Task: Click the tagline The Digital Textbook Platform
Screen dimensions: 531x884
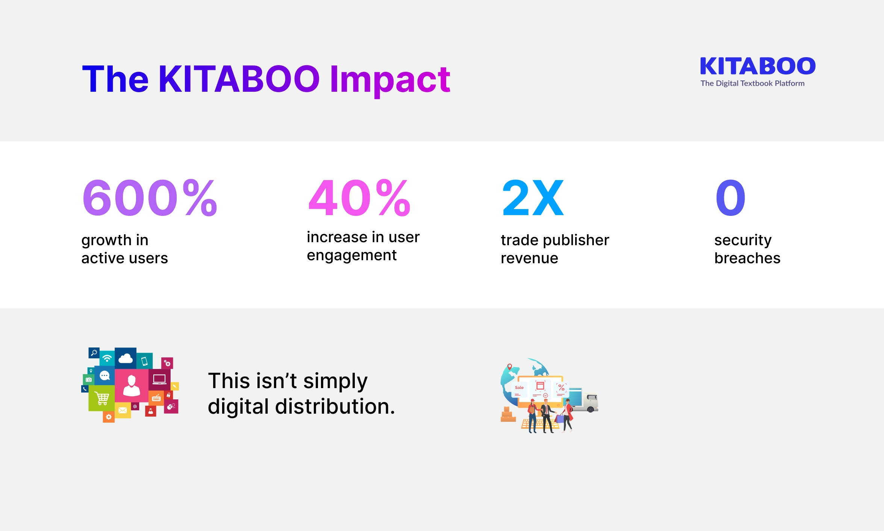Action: pos(752,83)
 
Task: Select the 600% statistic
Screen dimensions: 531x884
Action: pos(149,198)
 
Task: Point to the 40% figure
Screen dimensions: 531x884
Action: pos(359,198)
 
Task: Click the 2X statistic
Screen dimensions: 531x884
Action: pos(533,198)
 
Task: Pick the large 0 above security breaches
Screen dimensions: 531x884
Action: pos(730,198)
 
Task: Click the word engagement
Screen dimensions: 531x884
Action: pos(351,255)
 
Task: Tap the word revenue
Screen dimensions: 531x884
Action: pos(529,258)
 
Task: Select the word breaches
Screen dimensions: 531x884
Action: pos(747,258)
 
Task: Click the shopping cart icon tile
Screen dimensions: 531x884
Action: pos(101,398)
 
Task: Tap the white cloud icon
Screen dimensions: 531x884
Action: pos(126,358)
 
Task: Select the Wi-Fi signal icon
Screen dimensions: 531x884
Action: pos(107,358)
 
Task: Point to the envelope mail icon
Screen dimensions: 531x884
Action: pos(123,410)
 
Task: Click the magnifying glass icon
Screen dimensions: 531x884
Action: pos(94,353)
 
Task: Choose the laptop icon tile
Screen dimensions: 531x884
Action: pos(159,379)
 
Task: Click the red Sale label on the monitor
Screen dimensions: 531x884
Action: pos(519,387)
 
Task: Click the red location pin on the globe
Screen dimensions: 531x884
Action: pos(510,366)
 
